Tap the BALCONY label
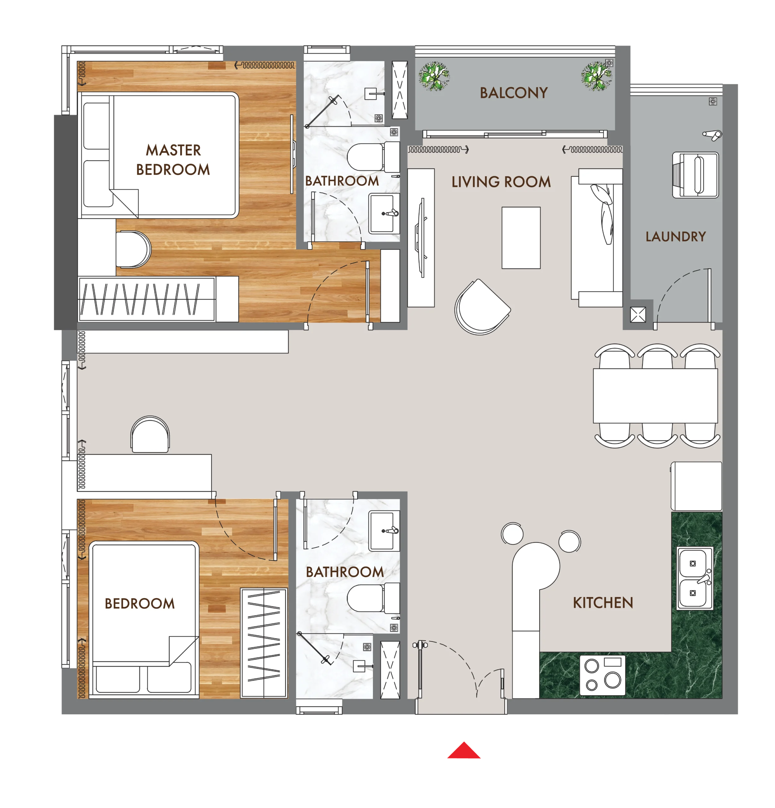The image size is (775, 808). pyautogui.click(x=514, y=93)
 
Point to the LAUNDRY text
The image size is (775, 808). pyautogui.click(x=675, y=237)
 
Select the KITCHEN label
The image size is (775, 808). pyautogui.click(x=603, y=603)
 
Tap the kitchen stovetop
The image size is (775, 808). pyautogui.click(x=602, y=675)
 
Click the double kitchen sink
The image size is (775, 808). pyautogui.click(x=695, y=578)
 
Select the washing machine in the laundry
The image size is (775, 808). pyautogui.click(x=695, y=175)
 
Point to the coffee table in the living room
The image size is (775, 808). pyautogui.click(x=521, y=238)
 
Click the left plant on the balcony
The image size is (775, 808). pyautogui.click(x=434, y=76)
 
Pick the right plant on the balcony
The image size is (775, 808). pyautogui.click(x=596, y=76)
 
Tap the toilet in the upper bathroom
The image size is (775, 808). pyautogui.click(x=373, y=157)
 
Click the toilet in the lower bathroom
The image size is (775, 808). pyautogui.click(x=373, y=598)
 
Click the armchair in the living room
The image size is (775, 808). pyautogui.click(x=482, y=307)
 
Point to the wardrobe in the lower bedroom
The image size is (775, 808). pyautogui.click(x=264, y=643)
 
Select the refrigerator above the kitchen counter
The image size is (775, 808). pyautogui.click(x=696, y=486)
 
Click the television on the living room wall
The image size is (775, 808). pyautogui.click(x=421, y=238)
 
